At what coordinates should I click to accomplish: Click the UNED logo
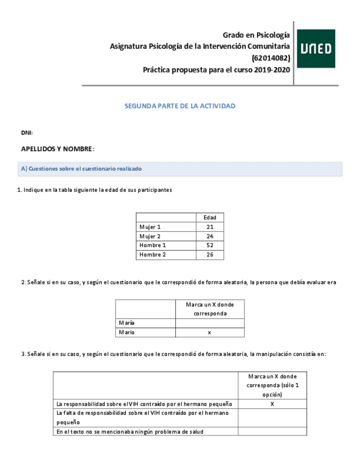coord(317,49)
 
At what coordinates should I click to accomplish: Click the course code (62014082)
coord(270,58)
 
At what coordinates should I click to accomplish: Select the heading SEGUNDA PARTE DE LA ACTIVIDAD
coord(180,106)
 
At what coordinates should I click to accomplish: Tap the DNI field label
coord(26,133)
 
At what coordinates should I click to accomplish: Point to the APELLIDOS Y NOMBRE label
coord(57,149)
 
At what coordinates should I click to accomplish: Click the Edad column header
coord(210,218)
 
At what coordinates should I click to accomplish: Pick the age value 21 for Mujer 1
coord(210,227)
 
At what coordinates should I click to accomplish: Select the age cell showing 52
coord(210,246)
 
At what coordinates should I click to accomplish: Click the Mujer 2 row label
coord(150,236)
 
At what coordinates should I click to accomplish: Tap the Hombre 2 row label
coord(152,255)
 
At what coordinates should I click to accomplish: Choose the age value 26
coord(210,255)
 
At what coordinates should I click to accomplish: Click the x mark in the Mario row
coord(209,332)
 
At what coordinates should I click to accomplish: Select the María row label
coord(126,323)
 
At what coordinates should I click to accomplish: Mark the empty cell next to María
coord(209,323)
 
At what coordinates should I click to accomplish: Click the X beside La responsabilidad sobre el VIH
coord(272,404)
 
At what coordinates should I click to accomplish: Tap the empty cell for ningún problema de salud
coord(272,431)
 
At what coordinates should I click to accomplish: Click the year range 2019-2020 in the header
coord(272,70)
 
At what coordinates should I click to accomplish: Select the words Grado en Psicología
coord(256,35)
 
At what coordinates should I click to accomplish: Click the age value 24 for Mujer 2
coord(210,236)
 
